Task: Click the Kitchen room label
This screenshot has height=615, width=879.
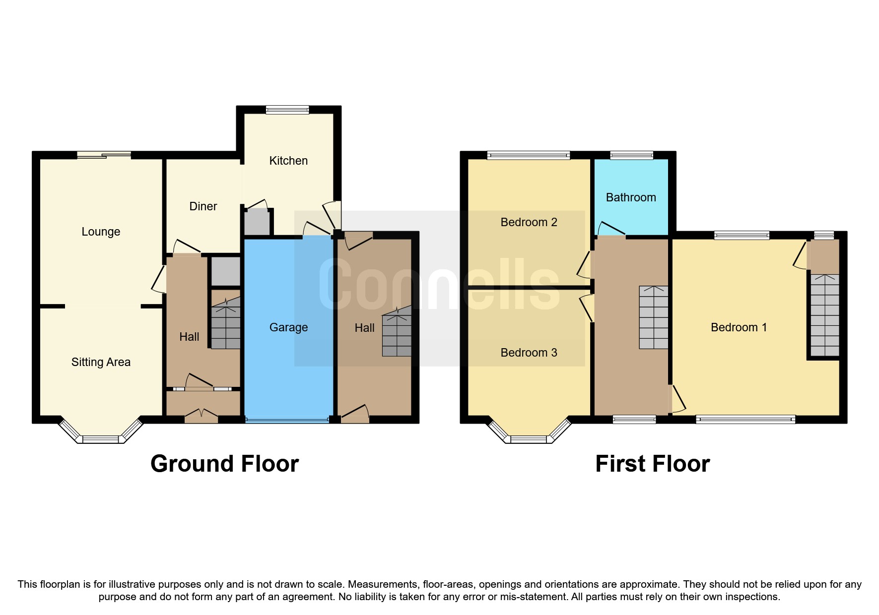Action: (x=288, y=161)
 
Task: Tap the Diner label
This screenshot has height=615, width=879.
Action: (x=203, y=206)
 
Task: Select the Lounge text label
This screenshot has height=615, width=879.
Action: (x=101, y=232)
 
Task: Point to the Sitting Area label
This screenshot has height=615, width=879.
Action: (x=101, y=362)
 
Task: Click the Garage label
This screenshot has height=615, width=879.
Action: (x=288, y=327)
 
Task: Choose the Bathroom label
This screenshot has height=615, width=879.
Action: (x=631, y=197)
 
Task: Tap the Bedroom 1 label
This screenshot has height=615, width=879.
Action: (x=739, y=327)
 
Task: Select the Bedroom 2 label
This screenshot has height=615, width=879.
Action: (x=529, y=222)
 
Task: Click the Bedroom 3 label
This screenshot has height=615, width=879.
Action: (x=529, y=353)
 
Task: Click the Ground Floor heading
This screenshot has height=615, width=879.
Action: (x=224, y=464)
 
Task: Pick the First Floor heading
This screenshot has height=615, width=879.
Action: (x=652, y=464)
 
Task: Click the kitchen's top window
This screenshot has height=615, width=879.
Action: (x=287, y=110)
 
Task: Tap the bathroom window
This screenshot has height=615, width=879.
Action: (x=631, y=155)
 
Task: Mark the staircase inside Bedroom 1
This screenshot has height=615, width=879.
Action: (x=825, y=315)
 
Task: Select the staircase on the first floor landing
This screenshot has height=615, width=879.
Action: (x=653, y=317)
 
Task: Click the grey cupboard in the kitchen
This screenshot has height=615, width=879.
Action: (x=257, y=222)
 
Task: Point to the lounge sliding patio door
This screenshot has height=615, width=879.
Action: (x=104, y=155)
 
